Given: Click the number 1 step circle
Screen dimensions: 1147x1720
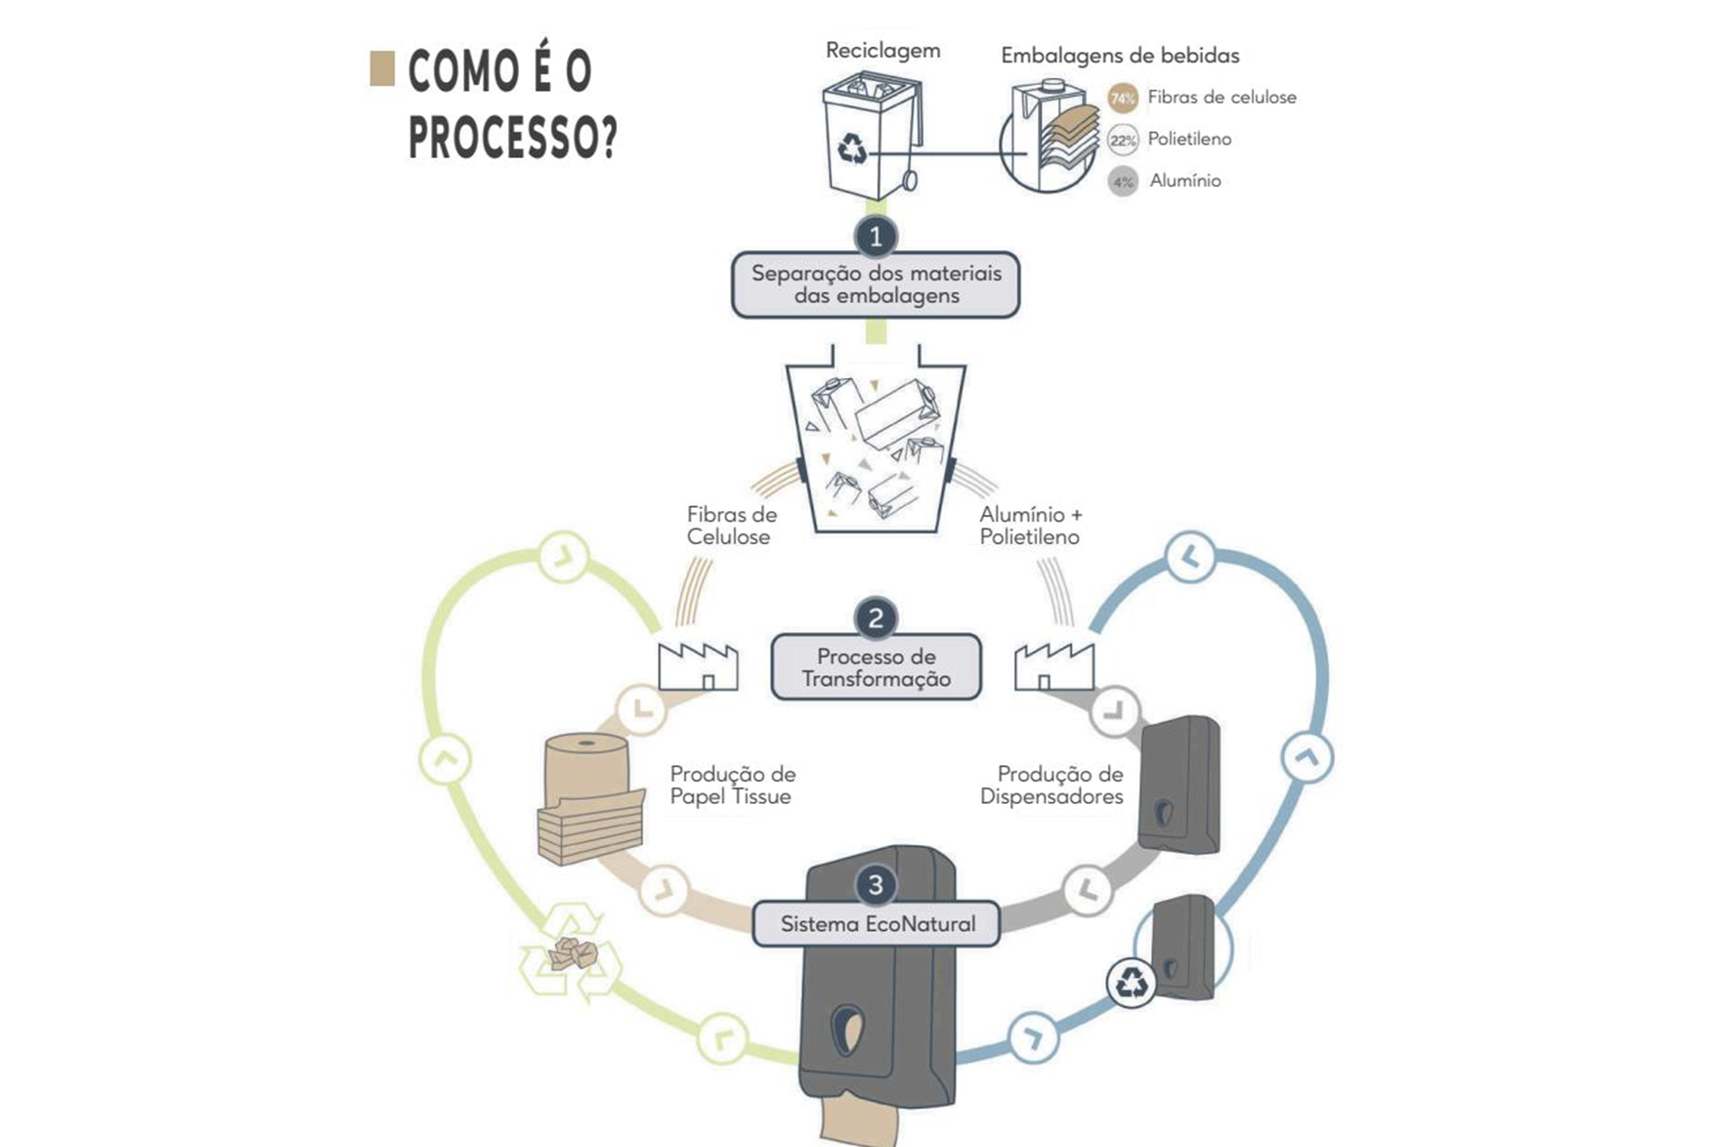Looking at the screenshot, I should [x=876, y=236].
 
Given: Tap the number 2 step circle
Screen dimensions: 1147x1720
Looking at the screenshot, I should [x=876, y=617].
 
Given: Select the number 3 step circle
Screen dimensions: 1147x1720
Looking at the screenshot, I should [x=876, y=885].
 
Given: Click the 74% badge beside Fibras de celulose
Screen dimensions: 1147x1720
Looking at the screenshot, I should [x=1123, y=98].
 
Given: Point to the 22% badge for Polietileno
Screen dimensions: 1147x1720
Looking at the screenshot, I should [x=1123, y=140].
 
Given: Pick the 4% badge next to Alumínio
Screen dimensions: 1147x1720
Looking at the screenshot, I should [x=1123, y=182].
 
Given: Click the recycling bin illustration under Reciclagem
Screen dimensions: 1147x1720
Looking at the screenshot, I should [x=870, y=137].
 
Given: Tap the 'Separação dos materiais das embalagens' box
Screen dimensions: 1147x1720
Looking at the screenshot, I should [x=876, y=284].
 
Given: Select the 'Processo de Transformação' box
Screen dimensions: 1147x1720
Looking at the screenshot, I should [x=876, y=667].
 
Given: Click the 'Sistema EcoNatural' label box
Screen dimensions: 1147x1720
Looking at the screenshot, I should [x=877, y=924].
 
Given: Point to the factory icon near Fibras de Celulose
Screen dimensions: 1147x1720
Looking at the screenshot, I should [x=698, y=667].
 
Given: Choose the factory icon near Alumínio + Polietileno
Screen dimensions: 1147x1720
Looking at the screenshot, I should [x=1053, y=667].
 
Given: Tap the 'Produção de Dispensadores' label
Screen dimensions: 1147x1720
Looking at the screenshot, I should [x=1053, y=786].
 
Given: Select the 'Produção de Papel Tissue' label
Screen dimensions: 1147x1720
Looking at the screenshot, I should [x=732, y=786].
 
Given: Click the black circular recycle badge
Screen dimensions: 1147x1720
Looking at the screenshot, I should [x=1132, y=982].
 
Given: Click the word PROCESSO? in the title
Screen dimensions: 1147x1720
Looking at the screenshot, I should [x=512, y=138].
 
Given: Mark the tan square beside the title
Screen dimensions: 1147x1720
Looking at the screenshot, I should [x=382, y=68].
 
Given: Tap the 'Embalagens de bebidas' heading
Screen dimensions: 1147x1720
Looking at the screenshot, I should [x=1120, y=56].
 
